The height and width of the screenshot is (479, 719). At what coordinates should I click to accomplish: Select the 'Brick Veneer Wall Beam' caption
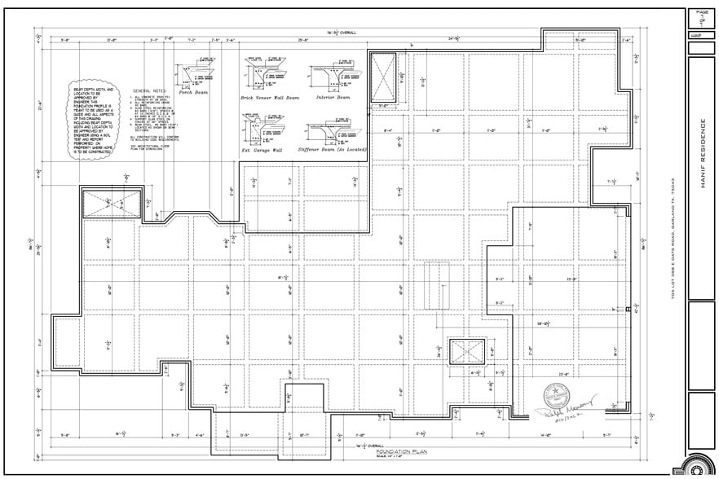click(x=269, y=97)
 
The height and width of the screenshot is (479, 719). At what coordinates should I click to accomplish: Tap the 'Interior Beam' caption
click(x=332, y=97)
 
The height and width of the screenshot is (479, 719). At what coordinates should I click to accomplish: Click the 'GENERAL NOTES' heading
click(x=149, y=90)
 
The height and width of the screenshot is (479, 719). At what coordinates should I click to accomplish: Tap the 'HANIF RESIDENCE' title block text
click(x=703, y=154)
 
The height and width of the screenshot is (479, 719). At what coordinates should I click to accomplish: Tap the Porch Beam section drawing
click(x=196, y=76)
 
